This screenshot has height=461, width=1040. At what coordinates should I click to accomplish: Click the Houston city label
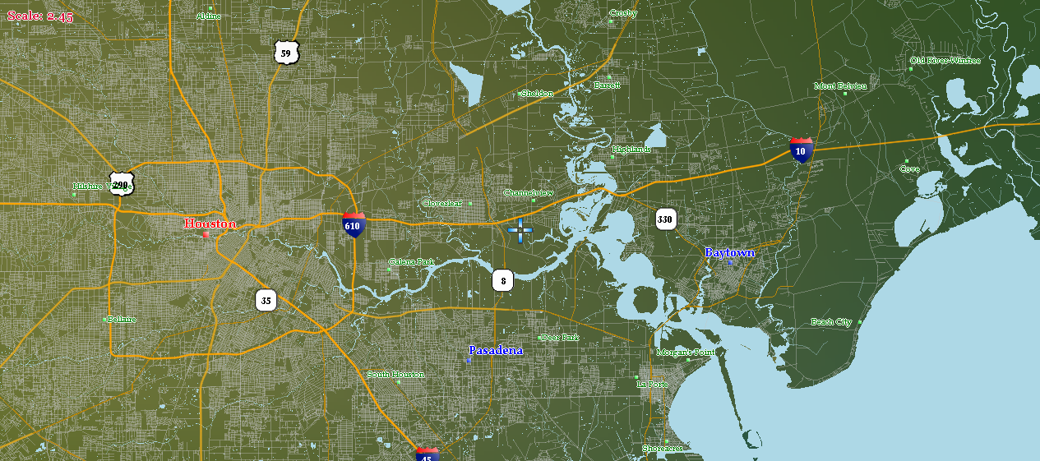pyautogui.click(x=210, y=224)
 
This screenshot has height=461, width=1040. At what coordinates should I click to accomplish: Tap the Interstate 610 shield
pyautogui.click(x=354, y=224)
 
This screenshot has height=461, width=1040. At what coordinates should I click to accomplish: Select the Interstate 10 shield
pyautogui.click(x=801, y=150)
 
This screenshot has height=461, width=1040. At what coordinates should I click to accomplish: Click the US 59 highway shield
pyautogui.click(x=285, y=53)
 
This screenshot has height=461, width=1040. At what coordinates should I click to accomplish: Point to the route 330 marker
pyautogui.click(x=665, y=219)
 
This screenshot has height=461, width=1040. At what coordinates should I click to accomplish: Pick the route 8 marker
pyautogui.click(x=503, y=281)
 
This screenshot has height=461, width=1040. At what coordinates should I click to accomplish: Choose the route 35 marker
pyautogui.click(x=266, y=300)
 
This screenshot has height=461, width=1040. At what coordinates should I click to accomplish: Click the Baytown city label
pyautogui.click(x=729, y=252)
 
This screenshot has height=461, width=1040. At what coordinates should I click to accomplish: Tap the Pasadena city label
pyautogui.click(x=496, y=350)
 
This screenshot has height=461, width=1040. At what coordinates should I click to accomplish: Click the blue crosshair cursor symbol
pyautogui.click(x=520, y=231)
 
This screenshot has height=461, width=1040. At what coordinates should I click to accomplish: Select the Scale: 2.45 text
pyautogui.click(x=40, y=16)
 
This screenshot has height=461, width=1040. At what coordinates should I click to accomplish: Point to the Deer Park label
pyautogui.click(x=561, y=338)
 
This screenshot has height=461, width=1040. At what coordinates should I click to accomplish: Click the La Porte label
pyautogui.click(x=653, y=384)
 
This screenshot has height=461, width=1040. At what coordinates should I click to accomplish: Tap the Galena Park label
pyautogui.click(x=412, y=262)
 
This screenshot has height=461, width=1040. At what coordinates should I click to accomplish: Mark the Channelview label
pyautogui.click(x=529, y=193)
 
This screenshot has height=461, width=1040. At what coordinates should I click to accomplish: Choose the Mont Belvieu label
pyautogui.click(x=840, y=85)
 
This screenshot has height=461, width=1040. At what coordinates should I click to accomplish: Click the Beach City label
pyautogui.click(x=831, y=322)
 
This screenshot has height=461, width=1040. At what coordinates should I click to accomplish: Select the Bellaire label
pyautogui.click(x=122, y=319)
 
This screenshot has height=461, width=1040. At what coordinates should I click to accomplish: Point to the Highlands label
pyautogui.click(x=631, y=150)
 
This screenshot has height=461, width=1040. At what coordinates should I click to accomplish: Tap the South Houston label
pyautogui.click(x=396, y=375)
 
